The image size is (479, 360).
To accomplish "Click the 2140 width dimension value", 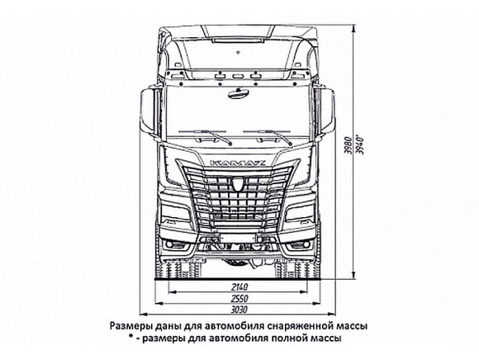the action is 239,287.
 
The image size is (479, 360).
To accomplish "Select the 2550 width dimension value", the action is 239,298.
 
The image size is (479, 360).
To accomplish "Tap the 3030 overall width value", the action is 239,310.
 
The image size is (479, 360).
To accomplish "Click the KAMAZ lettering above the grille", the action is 237,163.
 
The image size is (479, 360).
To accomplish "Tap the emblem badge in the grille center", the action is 237,182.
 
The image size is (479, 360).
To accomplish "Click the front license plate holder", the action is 237,238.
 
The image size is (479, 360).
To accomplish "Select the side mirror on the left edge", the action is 147,112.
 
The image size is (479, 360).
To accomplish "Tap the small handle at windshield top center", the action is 239,93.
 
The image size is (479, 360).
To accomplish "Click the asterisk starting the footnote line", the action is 130,337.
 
